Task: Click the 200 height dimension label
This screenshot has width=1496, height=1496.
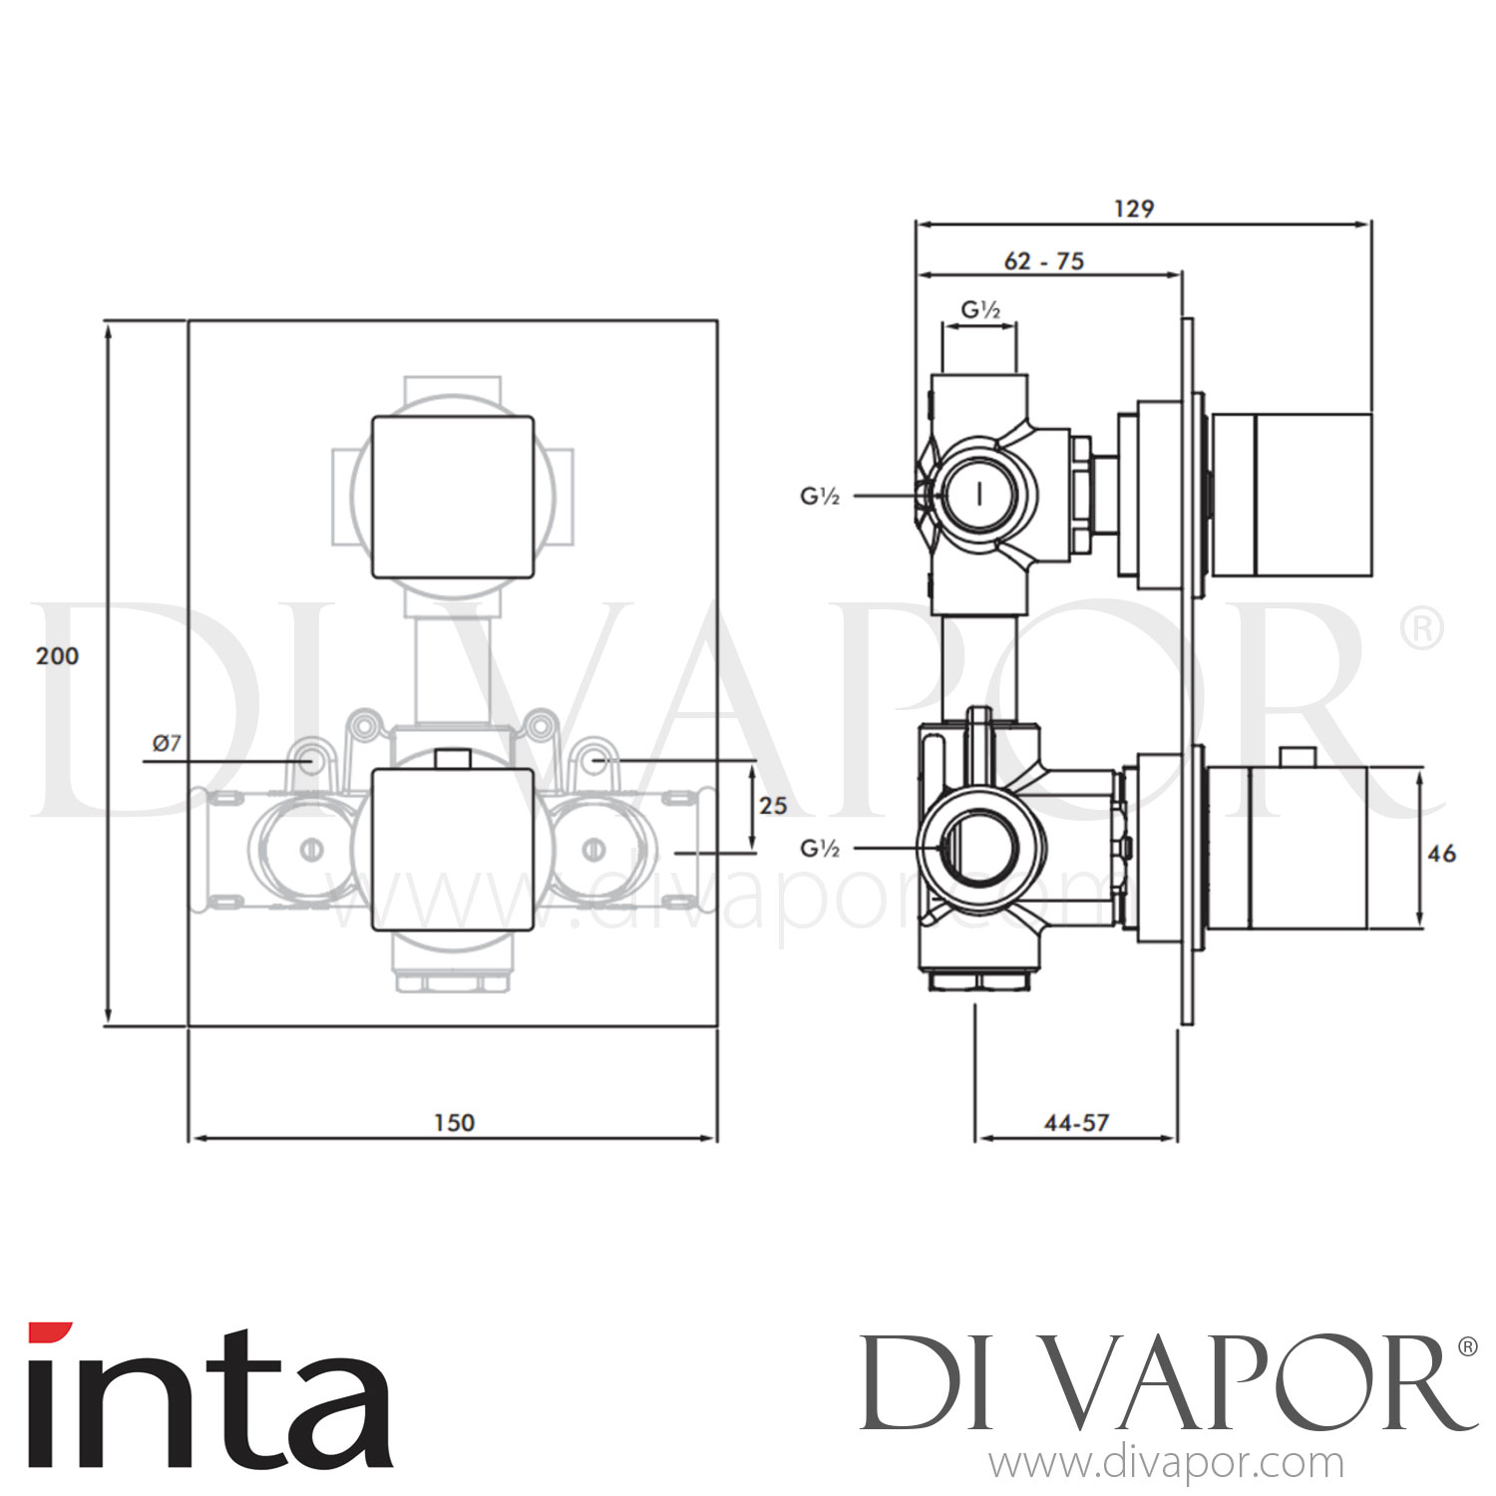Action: coord(57,656)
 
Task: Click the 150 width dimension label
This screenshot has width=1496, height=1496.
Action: coord(454,1122)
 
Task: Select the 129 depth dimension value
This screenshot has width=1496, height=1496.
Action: coord(1134,208)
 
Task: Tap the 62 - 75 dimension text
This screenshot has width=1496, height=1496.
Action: coord(1043,261)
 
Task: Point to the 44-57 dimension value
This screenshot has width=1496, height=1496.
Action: coord(1076,1122)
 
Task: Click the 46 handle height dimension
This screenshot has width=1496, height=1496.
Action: coord(1441,853)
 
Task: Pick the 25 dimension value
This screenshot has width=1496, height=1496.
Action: coord(773,805)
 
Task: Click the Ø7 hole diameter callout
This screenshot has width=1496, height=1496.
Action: coord(167,743)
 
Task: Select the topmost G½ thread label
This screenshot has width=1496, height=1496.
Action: coord(980,310)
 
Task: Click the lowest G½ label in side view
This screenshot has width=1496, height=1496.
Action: coord(820,848)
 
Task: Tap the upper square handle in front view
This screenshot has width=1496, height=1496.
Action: coord(453,496)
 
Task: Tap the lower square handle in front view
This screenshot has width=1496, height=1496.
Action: coord(453,849)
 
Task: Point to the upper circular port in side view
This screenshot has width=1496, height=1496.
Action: coord(981,495)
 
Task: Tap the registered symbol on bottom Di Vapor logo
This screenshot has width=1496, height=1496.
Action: coord(1467,1347)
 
